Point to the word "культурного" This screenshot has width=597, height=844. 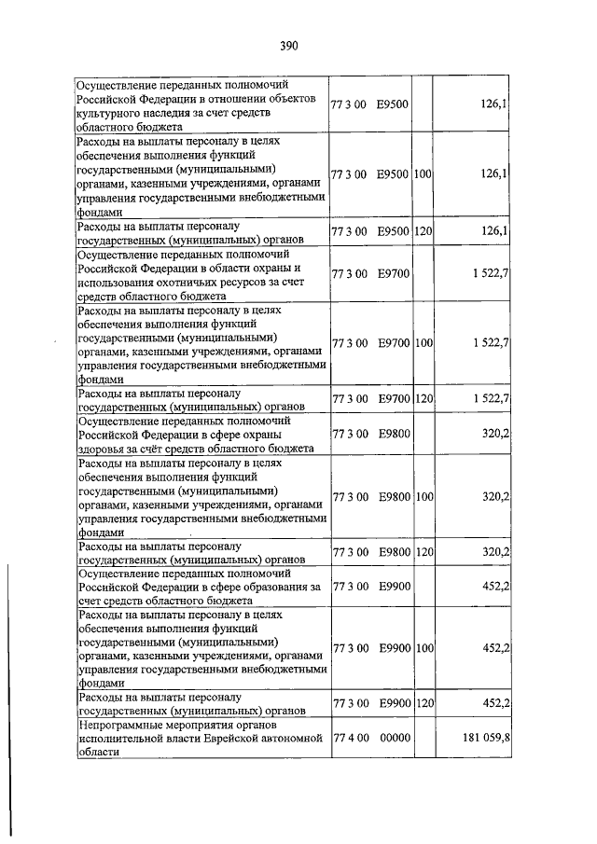[110, 112]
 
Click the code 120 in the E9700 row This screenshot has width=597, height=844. [424, 399]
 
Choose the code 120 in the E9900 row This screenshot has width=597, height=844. [424, 702]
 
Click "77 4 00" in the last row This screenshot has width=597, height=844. [349, 736]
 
